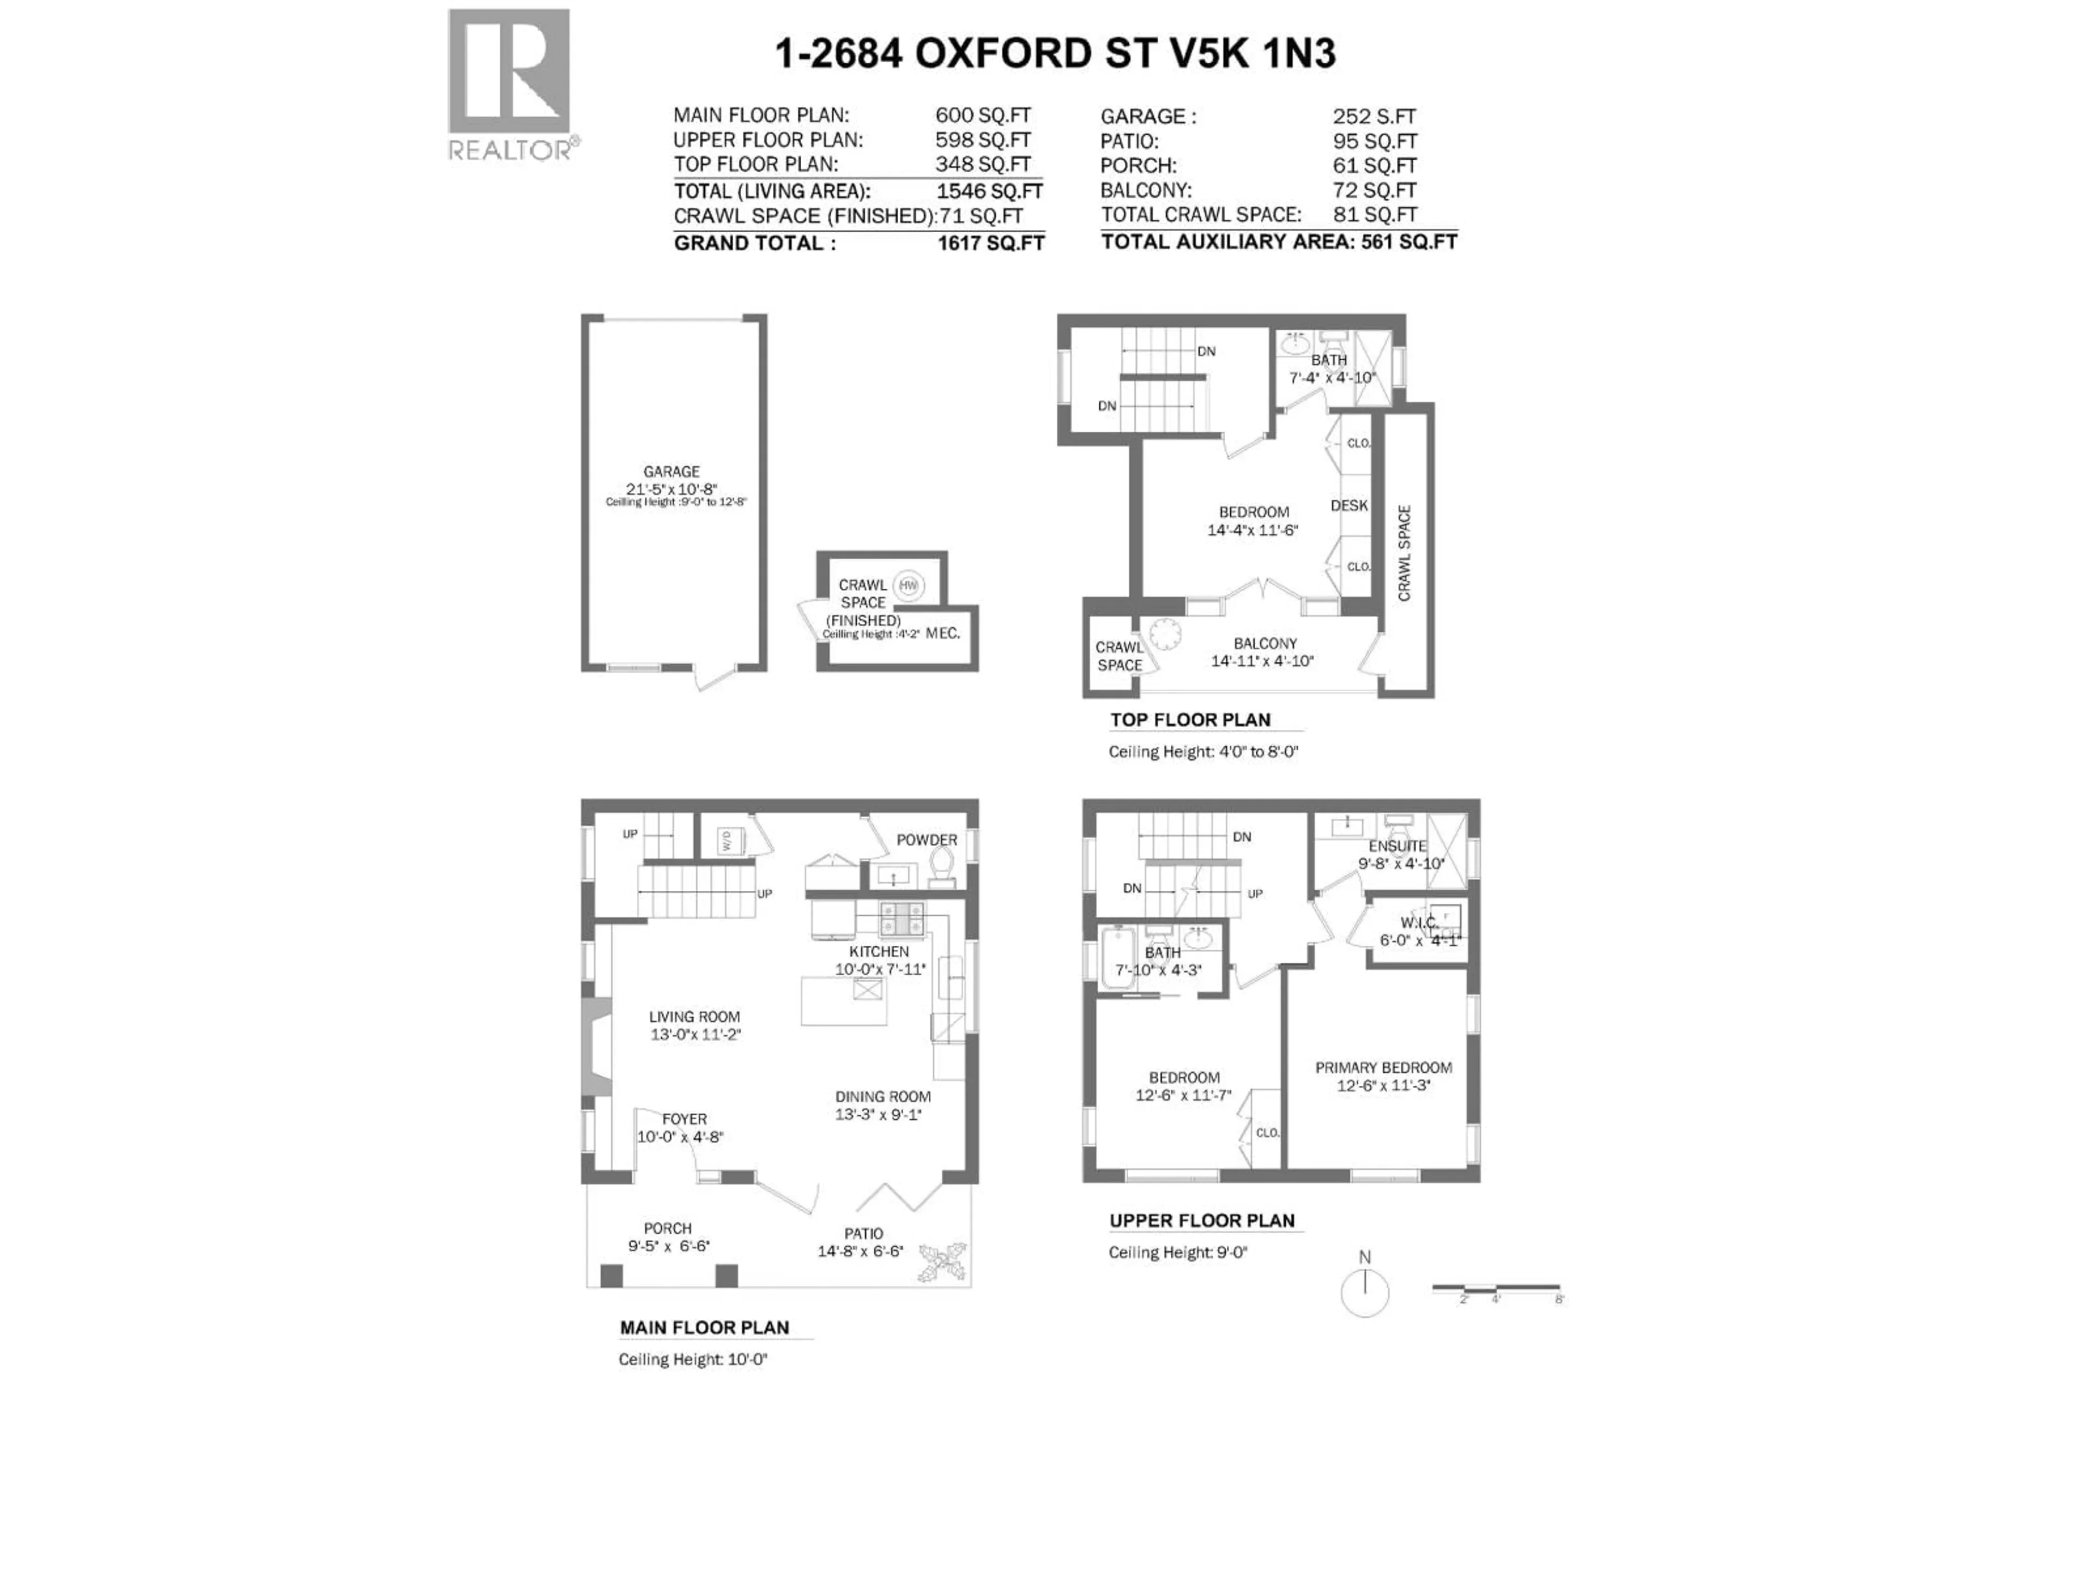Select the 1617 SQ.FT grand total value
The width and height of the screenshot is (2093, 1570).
pyautogui.click(x=991, y=243)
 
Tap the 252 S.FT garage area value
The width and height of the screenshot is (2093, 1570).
pyautogui.click(x=1374, y=117)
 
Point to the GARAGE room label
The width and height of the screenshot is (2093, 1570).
pyautogui.click(x=672, y=472)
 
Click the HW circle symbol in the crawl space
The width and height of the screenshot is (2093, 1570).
pyautogui.click(x=909, y=586)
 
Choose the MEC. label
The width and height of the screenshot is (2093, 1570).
pyautogui.click(x=942, y=633)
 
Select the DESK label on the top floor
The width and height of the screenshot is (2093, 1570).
pyautogui.click(x=1348, y=505)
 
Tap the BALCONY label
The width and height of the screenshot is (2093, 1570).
pyautogui.click(x=1265, y=643)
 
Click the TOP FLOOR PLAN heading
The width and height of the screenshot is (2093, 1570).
pyautogui.click(x=1190, y=720)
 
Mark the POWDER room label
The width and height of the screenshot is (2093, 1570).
pyautogui.click(x=927, y=840)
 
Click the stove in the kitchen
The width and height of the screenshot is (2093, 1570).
pyautogui.click(x=903, y=918)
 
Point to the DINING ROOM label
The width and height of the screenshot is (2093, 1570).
pyautogui.click(x=883, y=1097)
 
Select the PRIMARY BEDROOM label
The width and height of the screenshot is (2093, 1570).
pyautogui.click(x=1383, y=1067)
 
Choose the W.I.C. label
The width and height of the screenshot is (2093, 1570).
pyautogui.click(x=1418, y=923)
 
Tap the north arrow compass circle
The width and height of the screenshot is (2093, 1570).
pyautogui.click(x=1364, y=1292)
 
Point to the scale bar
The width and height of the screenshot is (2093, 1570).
pyautogui.click(x=1496, y=1288)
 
